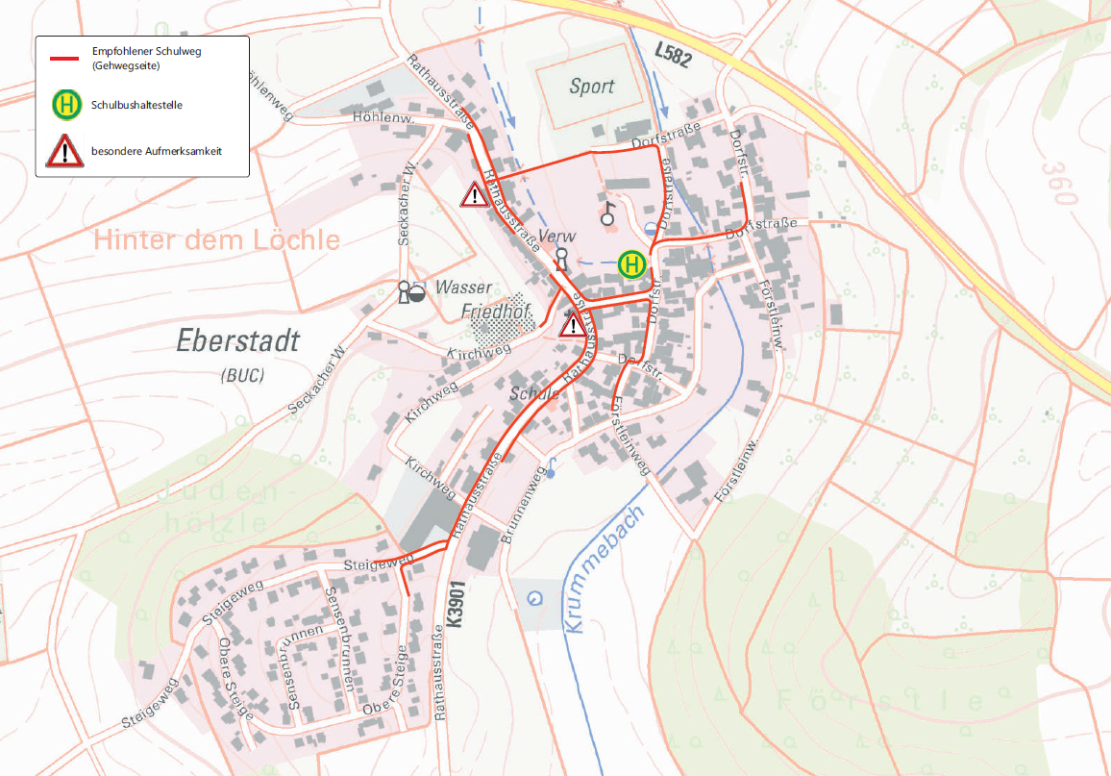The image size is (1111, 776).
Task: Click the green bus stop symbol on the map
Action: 631,263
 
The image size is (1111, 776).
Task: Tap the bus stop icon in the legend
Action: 66,105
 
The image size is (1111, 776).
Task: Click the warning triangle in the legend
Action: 65,151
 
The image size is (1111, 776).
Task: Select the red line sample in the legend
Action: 66,59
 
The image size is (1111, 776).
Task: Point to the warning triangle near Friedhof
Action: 574,323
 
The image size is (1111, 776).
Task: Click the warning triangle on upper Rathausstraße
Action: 475,194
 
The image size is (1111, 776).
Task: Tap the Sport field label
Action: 591,87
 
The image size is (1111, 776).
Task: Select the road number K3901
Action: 456,603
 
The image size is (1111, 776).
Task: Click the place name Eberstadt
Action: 238,340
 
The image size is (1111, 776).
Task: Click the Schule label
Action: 535,394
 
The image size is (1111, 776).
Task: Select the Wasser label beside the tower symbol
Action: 463,288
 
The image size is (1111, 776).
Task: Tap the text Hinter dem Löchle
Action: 216,239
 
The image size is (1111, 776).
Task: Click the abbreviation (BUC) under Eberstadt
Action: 241,374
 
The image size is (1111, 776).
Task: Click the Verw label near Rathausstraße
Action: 556,237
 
